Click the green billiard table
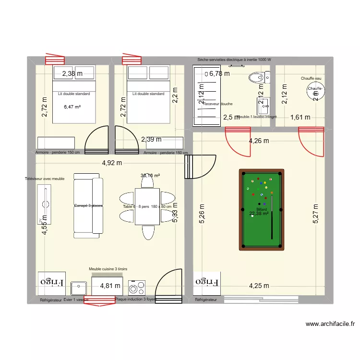[x=261, y=209]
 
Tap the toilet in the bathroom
[x=258, y=77]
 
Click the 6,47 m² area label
[x=72, y=107]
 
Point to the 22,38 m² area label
[x=259, y=215]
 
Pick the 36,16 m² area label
[x=150, y=176]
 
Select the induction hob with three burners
[x=137, y=288]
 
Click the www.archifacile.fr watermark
[x=330, y=324]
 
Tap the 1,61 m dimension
[x=300, y=117]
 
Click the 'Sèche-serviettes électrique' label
[x=234, y=60]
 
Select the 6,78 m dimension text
[x=219, y=73]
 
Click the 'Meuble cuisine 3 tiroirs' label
[x=108, y=270]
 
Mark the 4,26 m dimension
[x=258, y=141]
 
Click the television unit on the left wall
[x=47, y=204]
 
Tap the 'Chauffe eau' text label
[x=311, y=78]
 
